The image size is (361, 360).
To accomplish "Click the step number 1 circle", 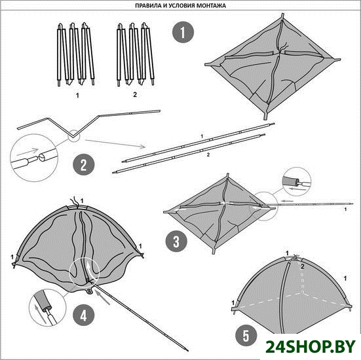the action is tap(183, 32).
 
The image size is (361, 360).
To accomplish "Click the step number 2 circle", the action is tap(84, 164).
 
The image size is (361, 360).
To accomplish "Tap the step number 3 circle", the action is tap(176, 242).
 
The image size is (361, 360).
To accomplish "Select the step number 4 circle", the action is tap(84, 315).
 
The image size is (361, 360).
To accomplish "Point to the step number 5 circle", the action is tap(246, 335).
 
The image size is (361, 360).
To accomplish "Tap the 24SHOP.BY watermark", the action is tap(311, 346).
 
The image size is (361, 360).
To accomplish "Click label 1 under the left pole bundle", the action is tap(77, 95).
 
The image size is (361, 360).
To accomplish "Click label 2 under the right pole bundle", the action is tap(135, 94).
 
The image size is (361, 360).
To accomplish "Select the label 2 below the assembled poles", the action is tap(208, 155).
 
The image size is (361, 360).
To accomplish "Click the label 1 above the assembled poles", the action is tap(202, 136).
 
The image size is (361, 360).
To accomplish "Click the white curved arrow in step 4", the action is tap(90, 270).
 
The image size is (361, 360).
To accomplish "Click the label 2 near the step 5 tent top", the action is tap(303, 267).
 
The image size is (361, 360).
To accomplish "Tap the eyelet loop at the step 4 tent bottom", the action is tap(90, 291).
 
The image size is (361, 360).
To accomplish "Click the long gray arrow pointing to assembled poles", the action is tap(115, 143).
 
